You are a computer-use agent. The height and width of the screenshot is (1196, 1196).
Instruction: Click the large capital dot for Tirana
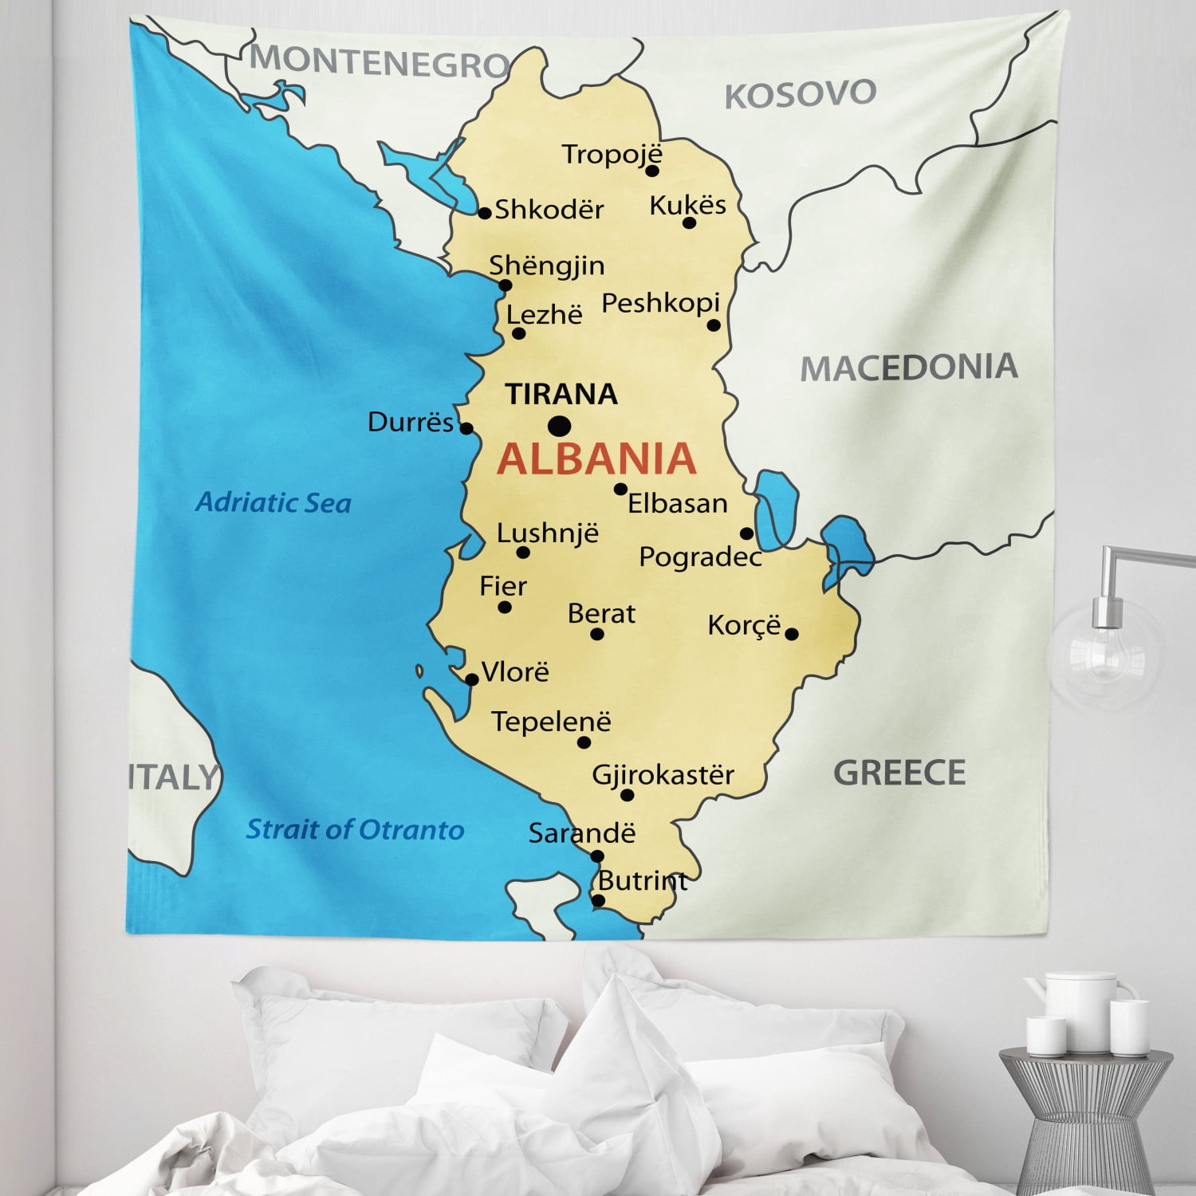pyautogui.click(x=559, y=426)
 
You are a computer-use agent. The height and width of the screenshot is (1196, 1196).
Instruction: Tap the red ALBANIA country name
pyautogui.click(x=596, y=458)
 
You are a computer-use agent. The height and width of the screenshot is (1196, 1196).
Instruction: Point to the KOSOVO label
pyautogui.click(x=800, y=94)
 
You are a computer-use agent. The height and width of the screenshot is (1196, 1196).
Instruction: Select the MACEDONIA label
pyautogui.click(x=909, y=368)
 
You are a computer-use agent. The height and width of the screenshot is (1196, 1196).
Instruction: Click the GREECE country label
pyautogui.click(x=899, y=773)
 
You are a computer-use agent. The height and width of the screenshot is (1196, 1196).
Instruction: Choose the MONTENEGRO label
pyautogui.click(x=380, y=61)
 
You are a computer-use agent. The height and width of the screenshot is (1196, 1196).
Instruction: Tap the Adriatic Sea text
pyautogui.click(x=273, y=502)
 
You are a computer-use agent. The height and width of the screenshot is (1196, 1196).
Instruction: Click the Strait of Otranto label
pyautogui.click(x=355, y=830)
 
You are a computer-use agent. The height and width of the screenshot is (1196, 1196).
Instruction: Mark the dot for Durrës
pyautogui.click(x=466, y=428)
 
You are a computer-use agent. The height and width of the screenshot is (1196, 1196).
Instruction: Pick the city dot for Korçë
pyautogui.click(x=792, y=635)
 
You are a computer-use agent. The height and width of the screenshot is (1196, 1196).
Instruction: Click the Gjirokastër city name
pyautogui.click(x=663, y=774)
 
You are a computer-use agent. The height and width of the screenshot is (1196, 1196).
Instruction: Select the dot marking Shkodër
pyautogui.click(x=484, y=213)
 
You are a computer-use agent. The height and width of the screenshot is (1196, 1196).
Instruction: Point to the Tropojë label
pyautogui.click(x=612, y=154)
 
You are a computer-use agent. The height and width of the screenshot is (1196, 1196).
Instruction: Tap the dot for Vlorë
pyautogui.click(x=471, y=679)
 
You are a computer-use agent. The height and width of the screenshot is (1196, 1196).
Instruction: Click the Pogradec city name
pyautogui.click(x=700, y=557)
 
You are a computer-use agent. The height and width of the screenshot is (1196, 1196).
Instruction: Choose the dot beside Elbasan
pyautogui.click(x=620, y=489)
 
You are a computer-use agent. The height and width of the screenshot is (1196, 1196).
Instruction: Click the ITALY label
pyautogui.click(x=174, y=777)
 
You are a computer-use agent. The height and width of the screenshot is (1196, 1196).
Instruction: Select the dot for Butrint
pyautogui.click(x=599, y=900)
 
